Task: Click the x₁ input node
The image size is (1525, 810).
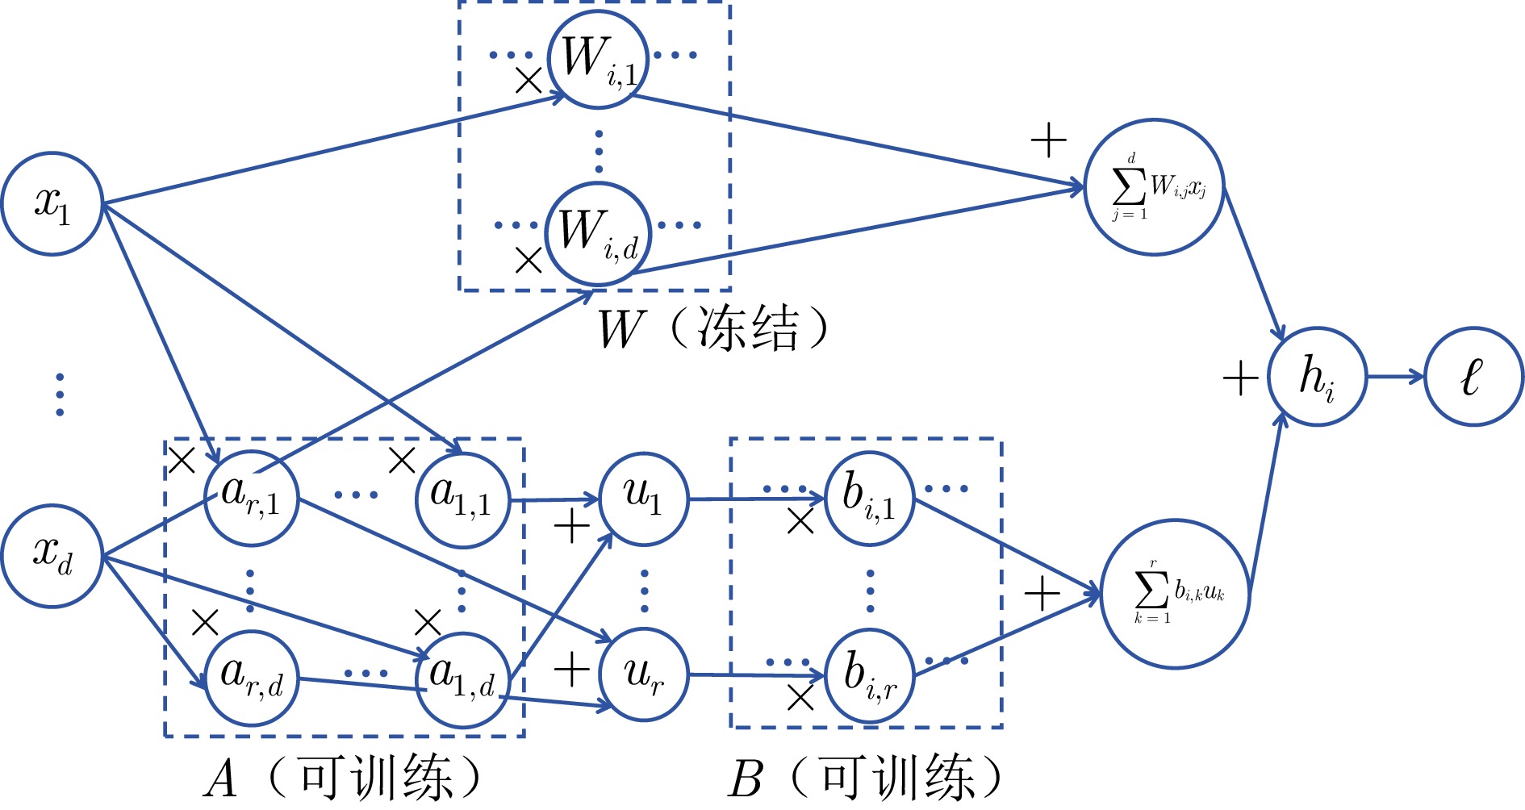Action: coord(52,203)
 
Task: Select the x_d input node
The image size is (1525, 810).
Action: coord(52,556)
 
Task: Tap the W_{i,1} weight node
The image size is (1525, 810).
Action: coord(598,59)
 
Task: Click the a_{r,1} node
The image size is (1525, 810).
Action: coord(251,498)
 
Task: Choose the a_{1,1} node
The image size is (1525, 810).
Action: coord(463,499)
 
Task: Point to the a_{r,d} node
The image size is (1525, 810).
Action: coord(251,678)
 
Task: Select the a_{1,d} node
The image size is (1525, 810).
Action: coord(463,679)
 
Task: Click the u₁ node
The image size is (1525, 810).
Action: coord(643,498)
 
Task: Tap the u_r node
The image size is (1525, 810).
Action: coord(643,675)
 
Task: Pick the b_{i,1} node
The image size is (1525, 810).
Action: coord(869,498)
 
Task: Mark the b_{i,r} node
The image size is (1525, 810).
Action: coord(869,676)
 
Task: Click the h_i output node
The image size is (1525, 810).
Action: coord(1317,377)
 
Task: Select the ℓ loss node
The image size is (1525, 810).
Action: coord(1473,377)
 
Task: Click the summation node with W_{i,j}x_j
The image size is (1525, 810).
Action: coord(1155,187)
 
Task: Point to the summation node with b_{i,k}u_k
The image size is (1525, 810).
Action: coord(1175,594)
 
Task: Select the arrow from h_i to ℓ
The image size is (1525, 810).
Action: coord(1395,377)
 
